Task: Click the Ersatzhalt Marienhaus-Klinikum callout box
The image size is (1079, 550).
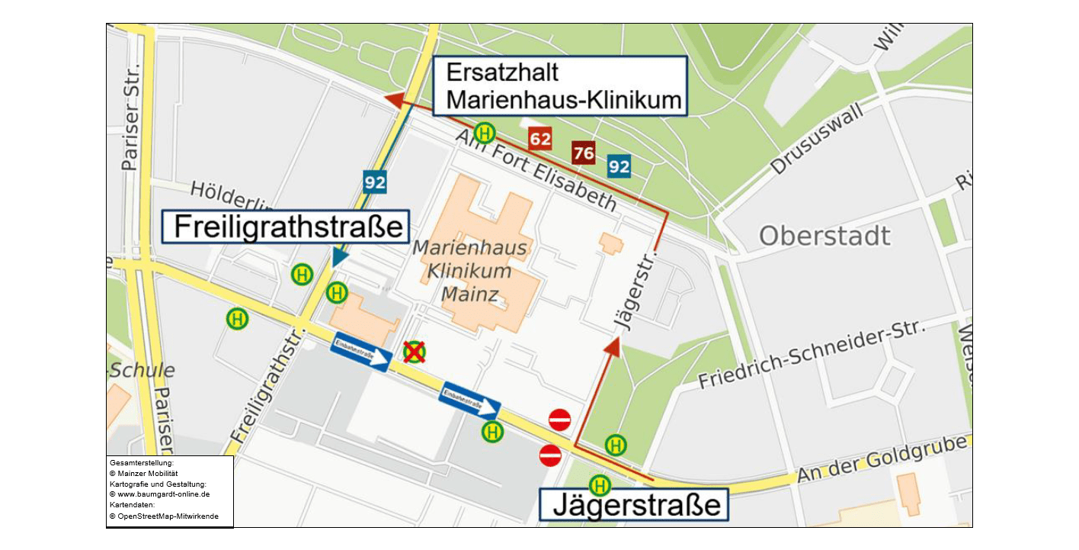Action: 560,86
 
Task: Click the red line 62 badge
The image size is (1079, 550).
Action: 540,139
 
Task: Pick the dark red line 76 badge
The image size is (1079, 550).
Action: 584,153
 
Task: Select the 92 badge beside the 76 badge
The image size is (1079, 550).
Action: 619,166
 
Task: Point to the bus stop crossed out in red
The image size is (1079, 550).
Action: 414,352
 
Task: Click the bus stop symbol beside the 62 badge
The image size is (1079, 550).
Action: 485,133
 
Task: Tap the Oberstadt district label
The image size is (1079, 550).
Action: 824,236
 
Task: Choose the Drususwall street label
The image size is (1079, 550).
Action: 818,140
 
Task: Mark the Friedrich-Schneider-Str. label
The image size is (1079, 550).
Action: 812,355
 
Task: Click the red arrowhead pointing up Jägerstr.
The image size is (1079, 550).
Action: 612,347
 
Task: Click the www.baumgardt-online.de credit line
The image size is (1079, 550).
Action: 159,494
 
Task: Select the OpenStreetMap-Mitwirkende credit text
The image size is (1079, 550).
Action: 163,516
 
